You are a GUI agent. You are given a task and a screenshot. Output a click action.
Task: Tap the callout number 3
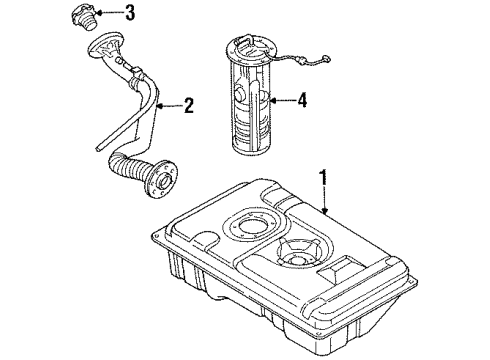click(129, 13)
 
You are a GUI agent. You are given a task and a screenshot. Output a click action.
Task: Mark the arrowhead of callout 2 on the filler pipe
click(162, 104)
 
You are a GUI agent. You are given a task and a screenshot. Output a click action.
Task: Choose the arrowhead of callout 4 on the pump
click(271, 100)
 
